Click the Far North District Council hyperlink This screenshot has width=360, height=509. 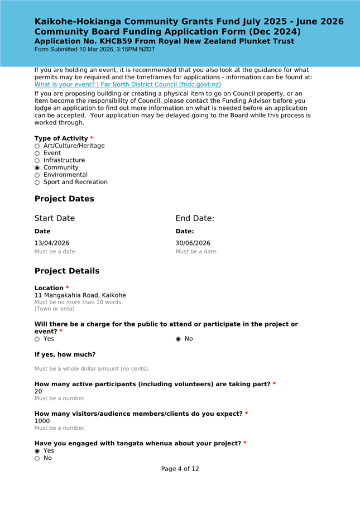pyautogui.click(x=128, y=84)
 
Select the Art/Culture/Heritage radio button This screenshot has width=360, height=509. pyautogui.click(x=37, y=146)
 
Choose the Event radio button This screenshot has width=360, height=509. pyautogui.click(x=37, y=153)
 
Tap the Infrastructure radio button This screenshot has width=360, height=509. pyautogui.click(x=37, y=160)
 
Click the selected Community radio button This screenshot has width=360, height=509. pyautogui.click(x=37, y=167)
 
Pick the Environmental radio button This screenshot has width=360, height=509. pyautogui.click(x=37, y=175)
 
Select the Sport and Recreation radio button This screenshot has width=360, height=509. pyautogui.click(x=37, y=182)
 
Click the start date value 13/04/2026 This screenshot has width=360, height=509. pyautogui.click(x=52, y=243)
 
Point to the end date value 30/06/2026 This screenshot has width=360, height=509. pyautogui.click(x=193, y=243)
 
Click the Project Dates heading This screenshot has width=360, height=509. pyautogui.click(x=64, y=199)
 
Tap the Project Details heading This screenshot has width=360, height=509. pyautogui.click(x=67, y=271)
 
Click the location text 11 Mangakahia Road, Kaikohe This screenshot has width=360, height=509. pyautogui.click(x=80, y=295)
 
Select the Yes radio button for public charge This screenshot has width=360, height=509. pyautogui.click(x=37, y=339)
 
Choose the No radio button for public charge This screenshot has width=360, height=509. pyautogui.click(x=179, y=339)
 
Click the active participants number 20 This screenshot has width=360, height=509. pyautogui.click(x=39, y=391)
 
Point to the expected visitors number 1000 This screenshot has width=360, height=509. pyautogui.click(x=42, y=421)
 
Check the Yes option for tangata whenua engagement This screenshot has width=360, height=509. pyautogui.click(x=37, y=450)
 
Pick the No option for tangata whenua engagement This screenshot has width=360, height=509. pyautogui.click(x=37, y=458)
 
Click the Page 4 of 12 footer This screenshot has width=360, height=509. pyautogui.click(x=180, y=469)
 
